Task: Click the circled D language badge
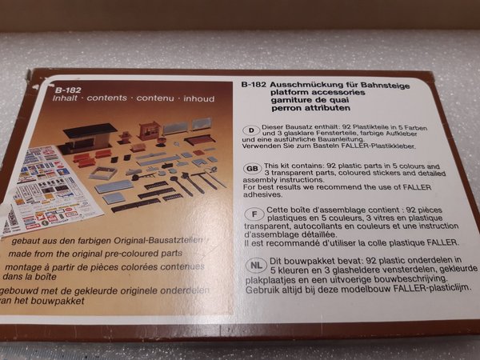click(x=251, y=130)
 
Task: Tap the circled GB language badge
click(x=253, y=169)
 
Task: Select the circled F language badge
click(x=254, y=214)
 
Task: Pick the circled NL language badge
click(x=257, y=265)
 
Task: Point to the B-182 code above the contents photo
click(x=68, y=90)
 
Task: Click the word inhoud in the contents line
click(x=199, y=99)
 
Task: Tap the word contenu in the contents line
click(x=155, y=98)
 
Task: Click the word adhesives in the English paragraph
click(x=262, y=194)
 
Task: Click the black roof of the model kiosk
click(x=90, y=130)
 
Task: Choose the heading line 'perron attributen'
click(x=310, y=108)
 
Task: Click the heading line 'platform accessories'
click(x=318, y=92)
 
